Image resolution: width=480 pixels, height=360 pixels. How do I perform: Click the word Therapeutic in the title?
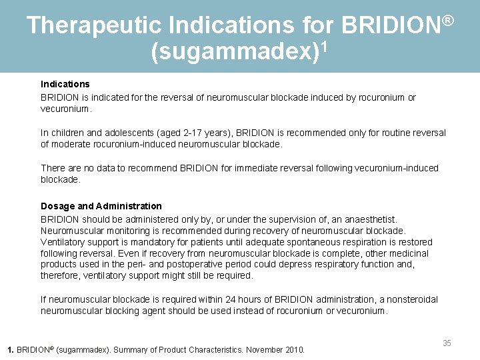pos(94,25)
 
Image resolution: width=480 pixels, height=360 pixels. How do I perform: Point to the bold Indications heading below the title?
pos(65,84)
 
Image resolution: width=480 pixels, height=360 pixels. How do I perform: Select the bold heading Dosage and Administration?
pos(101,206)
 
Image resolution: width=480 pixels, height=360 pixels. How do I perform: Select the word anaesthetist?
pos(370,219)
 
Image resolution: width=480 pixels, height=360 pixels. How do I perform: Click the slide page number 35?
pos(447,343)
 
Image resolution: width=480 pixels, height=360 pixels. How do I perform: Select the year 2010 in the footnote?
pos(293,349)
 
